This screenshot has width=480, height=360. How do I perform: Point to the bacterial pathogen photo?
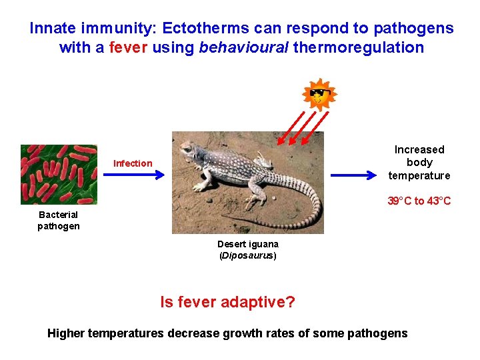point(59,175)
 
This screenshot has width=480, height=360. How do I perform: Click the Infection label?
point(133,163)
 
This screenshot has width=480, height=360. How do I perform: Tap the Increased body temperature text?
point(419,163)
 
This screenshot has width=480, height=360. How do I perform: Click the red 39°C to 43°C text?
point(419,201)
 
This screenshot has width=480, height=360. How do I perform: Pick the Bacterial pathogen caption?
point(59,220)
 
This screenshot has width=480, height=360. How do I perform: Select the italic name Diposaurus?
point(247,256)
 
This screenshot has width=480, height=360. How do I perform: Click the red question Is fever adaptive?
point(227,302)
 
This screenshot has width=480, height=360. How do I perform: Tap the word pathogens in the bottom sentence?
point(377,333)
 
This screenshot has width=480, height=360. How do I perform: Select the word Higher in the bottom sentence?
point(65,333)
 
